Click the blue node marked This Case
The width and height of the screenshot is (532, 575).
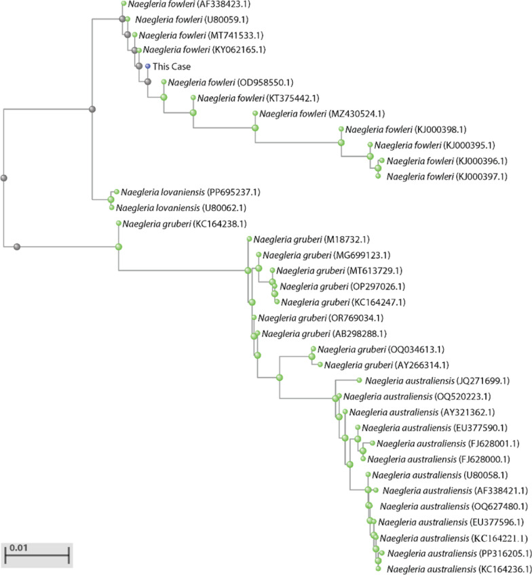(147, 66)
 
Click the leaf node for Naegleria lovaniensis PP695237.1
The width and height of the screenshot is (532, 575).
(117, 192)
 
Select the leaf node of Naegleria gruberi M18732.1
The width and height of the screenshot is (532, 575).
(250, 239)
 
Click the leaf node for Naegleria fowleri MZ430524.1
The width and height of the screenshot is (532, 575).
(255, 113)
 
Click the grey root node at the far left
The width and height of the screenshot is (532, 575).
(4, 178)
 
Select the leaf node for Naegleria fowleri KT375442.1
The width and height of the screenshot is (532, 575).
(193, 98)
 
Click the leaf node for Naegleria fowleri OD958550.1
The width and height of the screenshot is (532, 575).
(164, 82)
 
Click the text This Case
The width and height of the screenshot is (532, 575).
(172, 66)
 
